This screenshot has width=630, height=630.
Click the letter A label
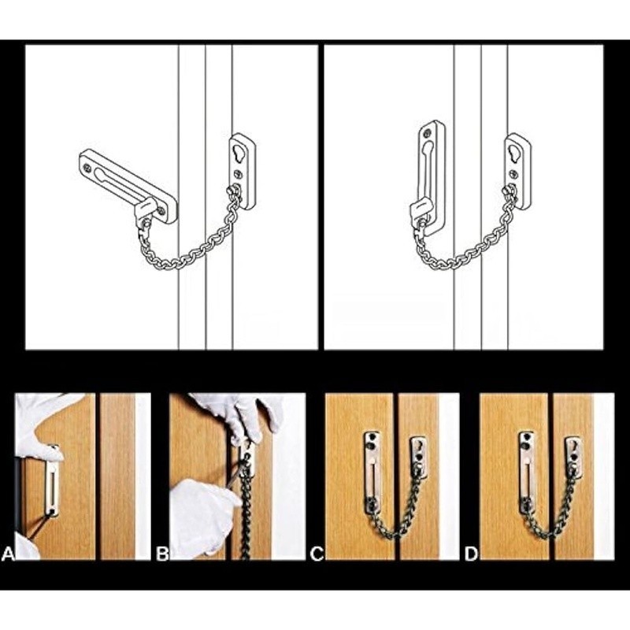[8, 554]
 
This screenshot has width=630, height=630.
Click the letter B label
[162, 554]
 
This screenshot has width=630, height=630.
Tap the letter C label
[317, 554]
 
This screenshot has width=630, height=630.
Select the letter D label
[471, 554]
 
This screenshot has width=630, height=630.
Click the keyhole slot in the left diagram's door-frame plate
[239, 153]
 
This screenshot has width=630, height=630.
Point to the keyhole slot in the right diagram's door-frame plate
[515, 152]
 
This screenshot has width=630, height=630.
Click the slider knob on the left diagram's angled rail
[145, 208]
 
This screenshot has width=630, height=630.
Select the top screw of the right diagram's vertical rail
[427, 132]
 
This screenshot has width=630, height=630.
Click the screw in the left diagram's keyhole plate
[239, 174]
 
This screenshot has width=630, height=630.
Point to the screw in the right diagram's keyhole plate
[514, 173]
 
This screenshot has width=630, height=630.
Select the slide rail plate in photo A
[52, 480]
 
